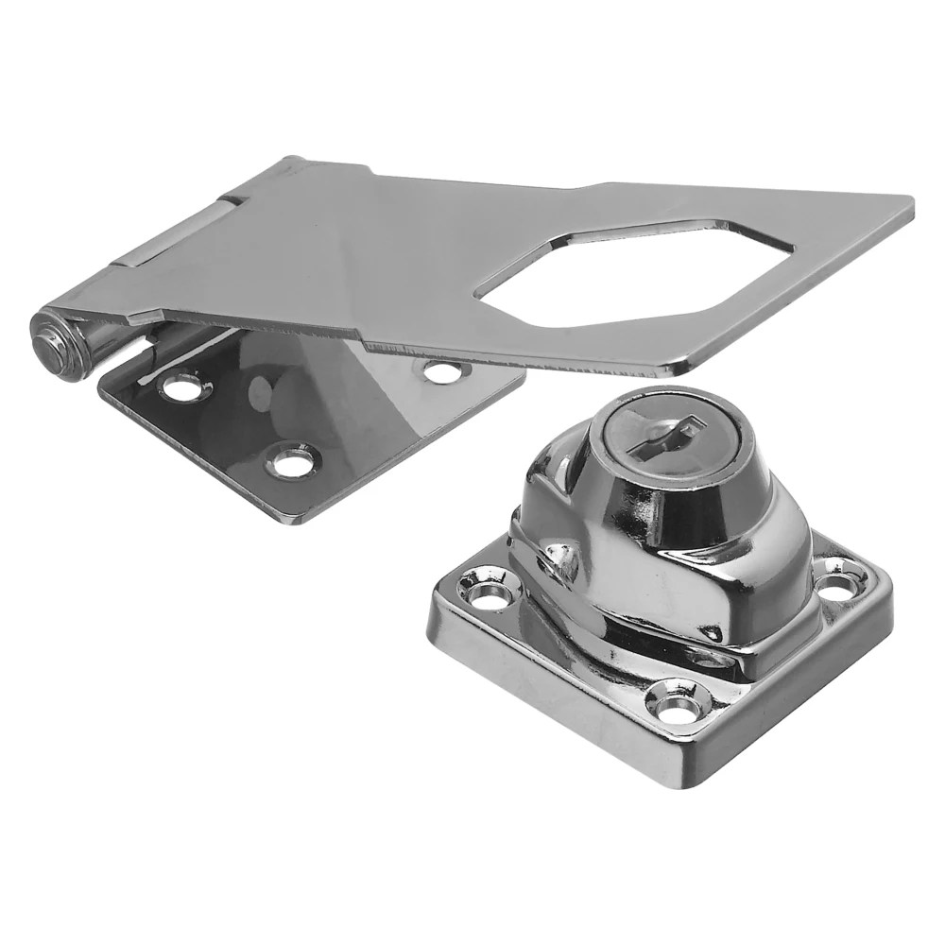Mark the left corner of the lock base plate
click(x=433, y=605)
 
